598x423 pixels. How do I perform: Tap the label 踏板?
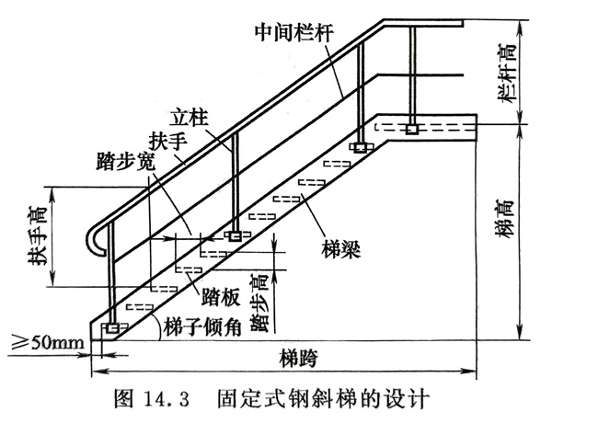point(221,297)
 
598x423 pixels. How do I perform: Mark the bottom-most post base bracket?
point(112,327)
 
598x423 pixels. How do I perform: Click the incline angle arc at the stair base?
point(157,326)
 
